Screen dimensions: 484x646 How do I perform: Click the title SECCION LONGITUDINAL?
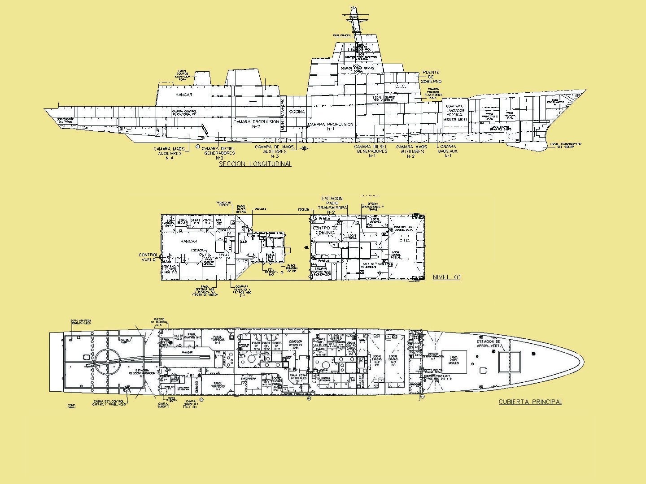pos(255,164)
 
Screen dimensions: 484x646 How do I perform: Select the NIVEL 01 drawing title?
pos(446,277)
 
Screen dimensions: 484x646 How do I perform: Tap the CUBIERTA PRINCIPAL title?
pos(530,402)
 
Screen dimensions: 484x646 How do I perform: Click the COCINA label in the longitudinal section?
pos(297,112)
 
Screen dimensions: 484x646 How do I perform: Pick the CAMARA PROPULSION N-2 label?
pos(256,124)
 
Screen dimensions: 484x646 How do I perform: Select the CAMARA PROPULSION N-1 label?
pos(331,126)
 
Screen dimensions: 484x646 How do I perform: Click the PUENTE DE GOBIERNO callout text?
pos(431,77)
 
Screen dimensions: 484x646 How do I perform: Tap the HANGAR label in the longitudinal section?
pos(184,95)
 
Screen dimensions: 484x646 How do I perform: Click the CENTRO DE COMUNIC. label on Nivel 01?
pos(325,231)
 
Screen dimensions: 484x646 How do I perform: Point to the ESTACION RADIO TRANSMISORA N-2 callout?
pos(332,205)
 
